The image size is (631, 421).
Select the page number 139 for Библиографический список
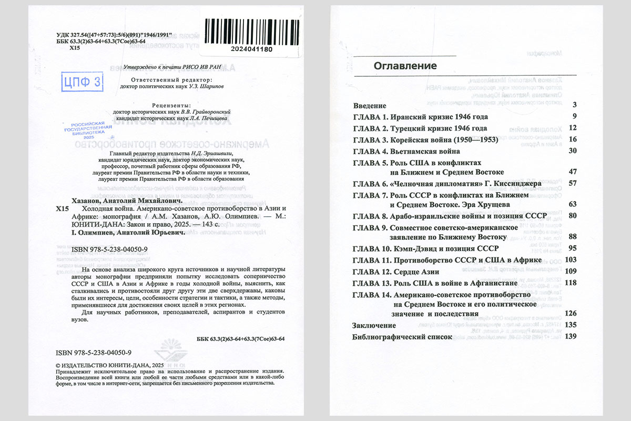click(x=571, y=337)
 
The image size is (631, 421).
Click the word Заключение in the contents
click(x=374, y=326)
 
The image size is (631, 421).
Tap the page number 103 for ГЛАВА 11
click(x=571, y=260)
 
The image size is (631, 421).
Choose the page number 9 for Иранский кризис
click(x=575, y=117)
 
